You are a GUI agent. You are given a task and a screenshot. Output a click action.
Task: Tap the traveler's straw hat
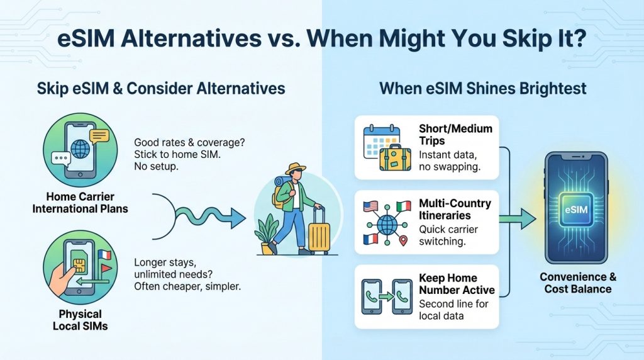(x=296, y=169)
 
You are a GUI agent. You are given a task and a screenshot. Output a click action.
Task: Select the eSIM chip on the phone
(x=576, y=209)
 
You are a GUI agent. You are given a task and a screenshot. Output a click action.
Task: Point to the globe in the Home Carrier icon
(x=80, y=149)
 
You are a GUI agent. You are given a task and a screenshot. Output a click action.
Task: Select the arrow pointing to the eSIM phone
(x=518, y=218)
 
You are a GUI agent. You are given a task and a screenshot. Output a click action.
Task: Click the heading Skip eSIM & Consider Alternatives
(x=161, y=88)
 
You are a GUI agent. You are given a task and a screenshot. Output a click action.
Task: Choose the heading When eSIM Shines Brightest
(x=482, y=88)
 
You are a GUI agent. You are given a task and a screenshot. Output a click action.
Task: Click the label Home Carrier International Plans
(x=80, y=203)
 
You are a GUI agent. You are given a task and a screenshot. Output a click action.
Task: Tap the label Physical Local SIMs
(x=80, y=320)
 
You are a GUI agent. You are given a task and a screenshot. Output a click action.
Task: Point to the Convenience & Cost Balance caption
(x=578, y=283)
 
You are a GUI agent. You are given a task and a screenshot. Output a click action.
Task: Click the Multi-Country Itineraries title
(x=455, y=209)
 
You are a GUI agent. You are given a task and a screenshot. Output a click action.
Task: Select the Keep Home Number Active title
(x=457, y=284)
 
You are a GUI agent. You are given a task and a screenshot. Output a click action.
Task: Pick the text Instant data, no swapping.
(x=449, y=161)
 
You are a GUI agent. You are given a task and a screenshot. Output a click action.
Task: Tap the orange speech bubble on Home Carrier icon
(x=99, y=136)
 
